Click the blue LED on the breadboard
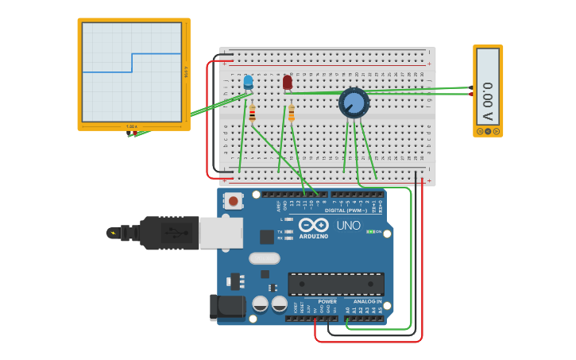point(248,82)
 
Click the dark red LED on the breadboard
point(288,82)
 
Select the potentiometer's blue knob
point(354,103)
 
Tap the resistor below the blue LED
point(252,114)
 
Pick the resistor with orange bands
point(291,114)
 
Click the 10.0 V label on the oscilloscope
point(186,72)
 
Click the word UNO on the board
point(348,226)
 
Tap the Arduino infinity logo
point(314,225)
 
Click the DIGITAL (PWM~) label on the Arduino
point(346,211)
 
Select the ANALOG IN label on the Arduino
point(368,302)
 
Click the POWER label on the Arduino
point(327,302)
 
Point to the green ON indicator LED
point(370,232)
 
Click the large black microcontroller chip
point(336,284)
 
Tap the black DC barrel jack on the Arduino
point(224,308)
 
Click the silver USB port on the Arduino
point(220,233)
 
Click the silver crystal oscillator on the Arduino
point(265,258)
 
